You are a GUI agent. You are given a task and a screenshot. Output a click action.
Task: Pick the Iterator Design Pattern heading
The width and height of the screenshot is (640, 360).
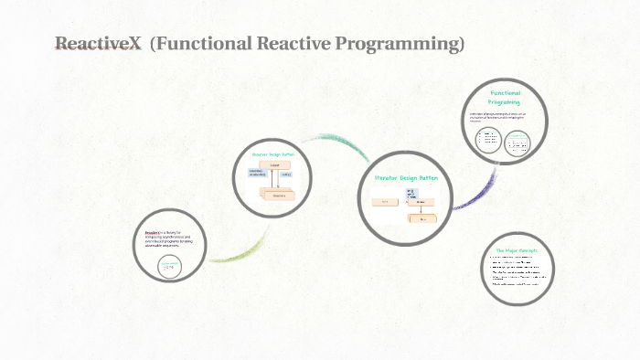point(407,177)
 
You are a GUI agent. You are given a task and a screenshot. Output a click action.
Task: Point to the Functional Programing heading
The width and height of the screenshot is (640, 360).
point(505,98)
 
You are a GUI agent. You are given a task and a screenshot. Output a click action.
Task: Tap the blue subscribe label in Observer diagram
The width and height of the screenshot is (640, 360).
point(257,173)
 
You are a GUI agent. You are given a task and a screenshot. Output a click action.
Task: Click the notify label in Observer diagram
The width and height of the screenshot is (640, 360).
point(286,174)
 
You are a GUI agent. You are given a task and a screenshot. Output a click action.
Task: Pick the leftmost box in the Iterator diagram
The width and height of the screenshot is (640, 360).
point(386,201)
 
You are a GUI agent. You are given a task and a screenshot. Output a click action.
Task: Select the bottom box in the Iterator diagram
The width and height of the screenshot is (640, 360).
point(422,219)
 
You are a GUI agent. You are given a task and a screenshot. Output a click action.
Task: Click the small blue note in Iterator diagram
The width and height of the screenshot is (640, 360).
point(411,192)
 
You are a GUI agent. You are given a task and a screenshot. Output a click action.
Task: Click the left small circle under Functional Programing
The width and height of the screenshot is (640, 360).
point(490,140)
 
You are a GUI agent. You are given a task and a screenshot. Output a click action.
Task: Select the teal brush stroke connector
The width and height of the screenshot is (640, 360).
point(338,143)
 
